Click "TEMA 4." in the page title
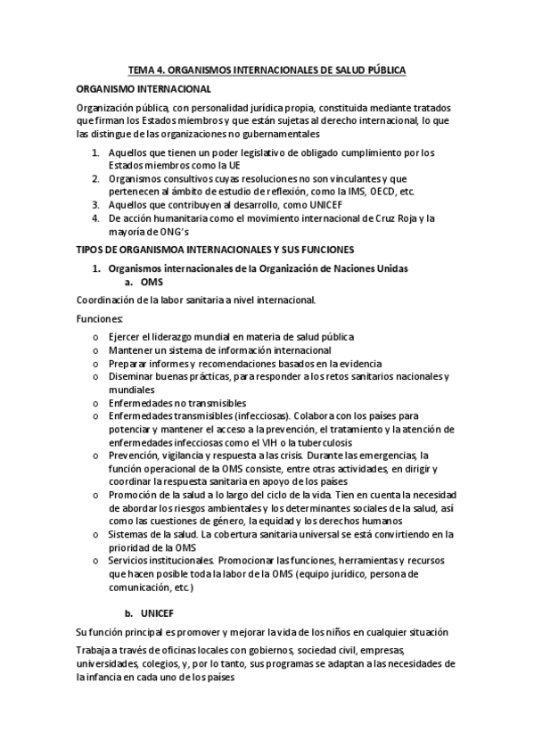point(145,69)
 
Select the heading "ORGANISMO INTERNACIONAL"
point(144,89)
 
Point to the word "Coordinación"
point(108,300)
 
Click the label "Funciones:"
point(100,318)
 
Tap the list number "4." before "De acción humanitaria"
point(96,218)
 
